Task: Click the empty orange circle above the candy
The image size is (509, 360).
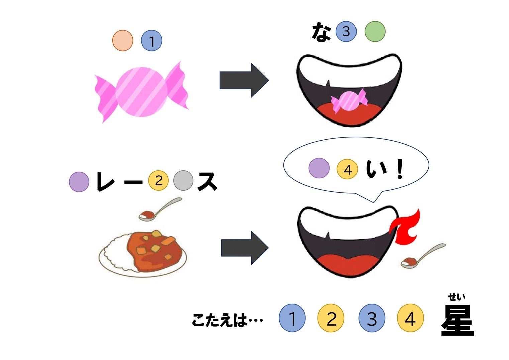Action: pos(123,40)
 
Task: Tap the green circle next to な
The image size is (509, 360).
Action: pos(375,32)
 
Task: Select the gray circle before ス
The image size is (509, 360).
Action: pos(183,181)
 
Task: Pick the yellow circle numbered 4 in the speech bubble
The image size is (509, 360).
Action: pos(347,170)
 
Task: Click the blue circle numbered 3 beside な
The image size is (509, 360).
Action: pos(346,32)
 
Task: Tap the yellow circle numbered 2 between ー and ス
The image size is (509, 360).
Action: pos(158,181)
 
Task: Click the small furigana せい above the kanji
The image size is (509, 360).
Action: pos(457,297)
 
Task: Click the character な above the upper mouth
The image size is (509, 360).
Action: pos(321,32)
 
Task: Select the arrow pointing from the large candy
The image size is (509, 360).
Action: pos(244,80)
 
